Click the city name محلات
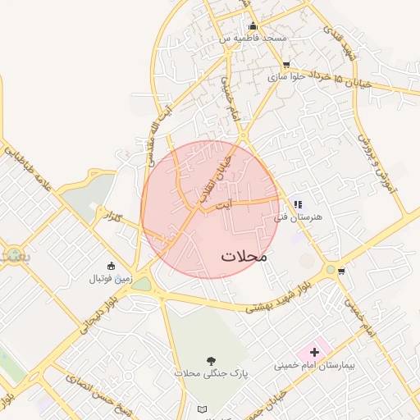coord(244,256)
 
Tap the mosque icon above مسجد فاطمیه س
coord(253,26)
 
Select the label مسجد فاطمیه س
coord(253,38)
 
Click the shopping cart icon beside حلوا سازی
coord(285,65)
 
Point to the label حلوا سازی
coord(285,77)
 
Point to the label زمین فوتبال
coord(111,279)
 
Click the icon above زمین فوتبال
coord(112,265)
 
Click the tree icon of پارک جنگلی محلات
coord(211,360)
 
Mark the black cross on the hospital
coord(314,351)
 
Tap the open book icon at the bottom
coord(203,409)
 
